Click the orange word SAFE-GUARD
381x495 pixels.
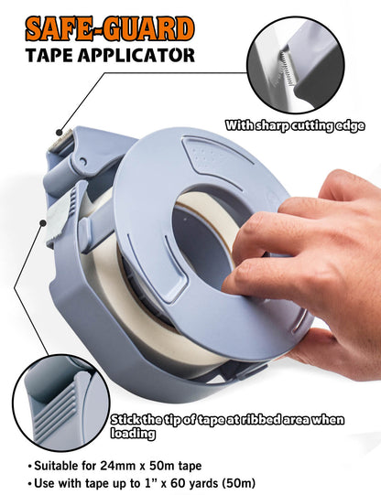point(110,29)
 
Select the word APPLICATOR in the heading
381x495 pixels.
point(136,56)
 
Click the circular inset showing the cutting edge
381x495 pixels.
point(295,65)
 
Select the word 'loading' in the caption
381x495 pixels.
point(133,433)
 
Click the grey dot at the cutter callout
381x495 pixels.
point(60,133)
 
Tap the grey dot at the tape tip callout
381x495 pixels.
point(43,223)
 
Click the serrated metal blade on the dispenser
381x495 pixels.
point(61,141)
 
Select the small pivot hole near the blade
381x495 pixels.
point(83,161)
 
